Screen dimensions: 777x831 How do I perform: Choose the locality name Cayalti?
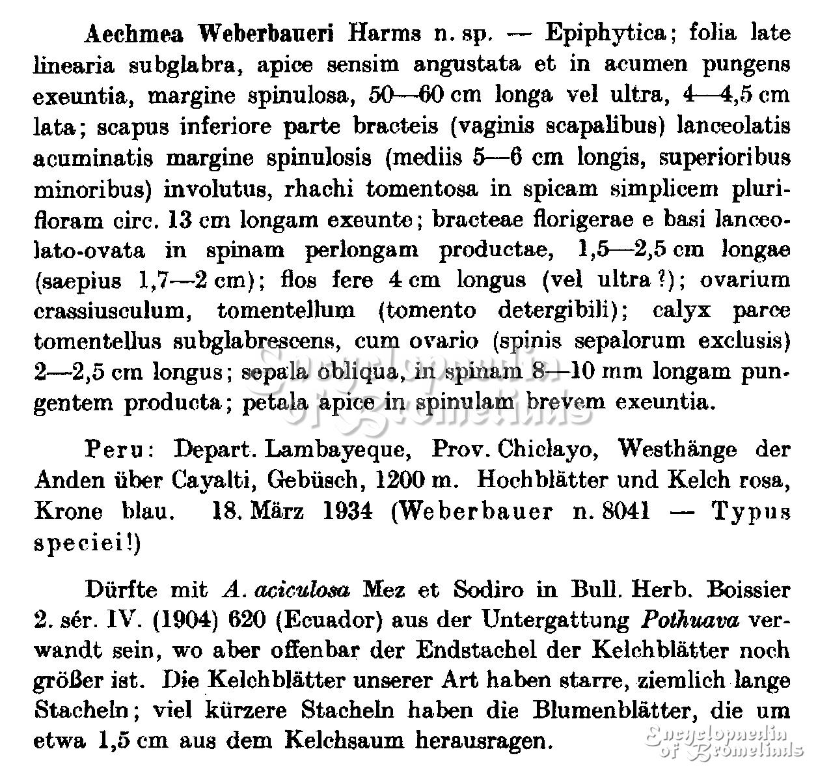pos(210,481)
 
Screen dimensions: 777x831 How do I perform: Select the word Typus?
pos(751,511)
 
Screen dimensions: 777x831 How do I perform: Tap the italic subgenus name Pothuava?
pos(690,621)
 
